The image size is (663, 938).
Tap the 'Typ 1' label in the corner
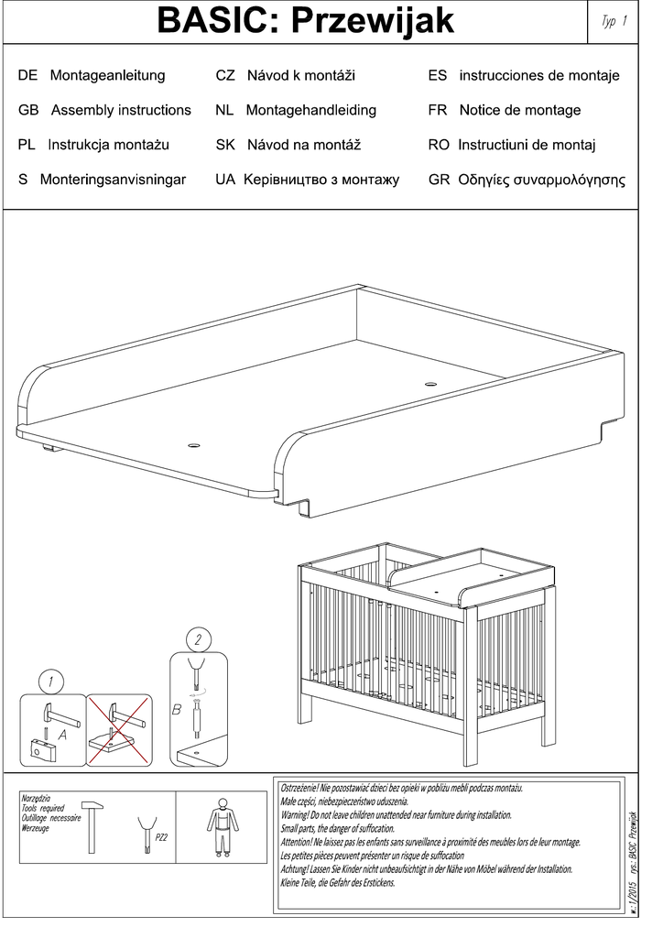point(614,22)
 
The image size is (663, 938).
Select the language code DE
point(27,75)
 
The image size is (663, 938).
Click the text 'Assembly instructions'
point(121,110)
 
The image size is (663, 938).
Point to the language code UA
point(225,180)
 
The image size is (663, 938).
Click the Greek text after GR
point(541,180)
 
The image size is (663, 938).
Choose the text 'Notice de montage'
point(519,110)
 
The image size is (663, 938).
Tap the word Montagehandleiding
point(310,110)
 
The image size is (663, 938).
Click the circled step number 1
point(52,682)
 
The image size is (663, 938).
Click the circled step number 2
point(197,638)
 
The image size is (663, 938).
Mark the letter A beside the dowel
point(62,734)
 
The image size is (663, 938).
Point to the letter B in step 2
point(177,707)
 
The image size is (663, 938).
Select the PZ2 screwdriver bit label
point(161,837)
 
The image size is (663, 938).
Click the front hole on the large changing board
point(193,445)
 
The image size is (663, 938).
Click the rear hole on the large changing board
point(430,382)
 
